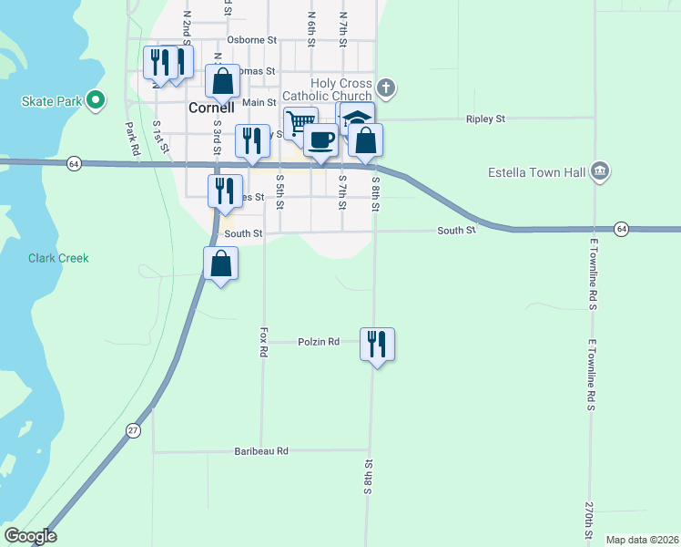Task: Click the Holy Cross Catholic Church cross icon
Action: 385,88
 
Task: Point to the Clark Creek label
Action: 58,258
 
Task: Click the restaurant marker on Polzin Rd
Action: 377,345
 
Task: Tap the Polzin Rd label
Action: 319,342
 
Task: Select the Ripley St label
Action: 484,119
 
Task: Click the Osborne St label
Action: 251,40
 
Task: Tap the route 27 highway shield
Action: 133,430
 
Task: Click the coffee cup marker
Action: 320,140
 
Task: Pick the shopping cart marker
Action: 300,123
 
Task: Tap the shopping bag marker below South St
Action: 220,263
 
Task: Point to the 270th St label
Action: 590,520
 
